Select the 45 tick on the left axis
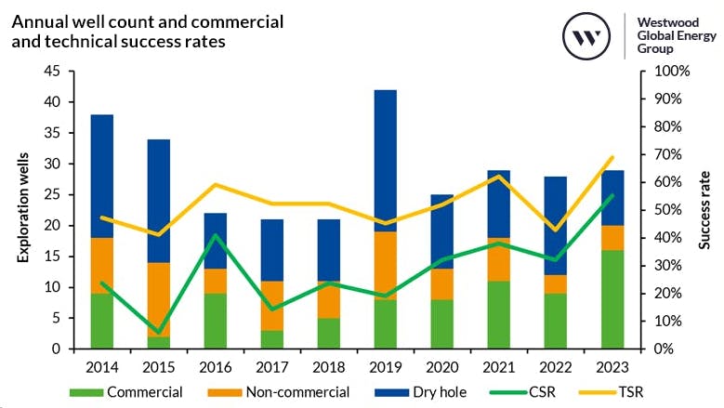[x=52, y=72]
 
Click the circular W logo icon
[x=586, y=38]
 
